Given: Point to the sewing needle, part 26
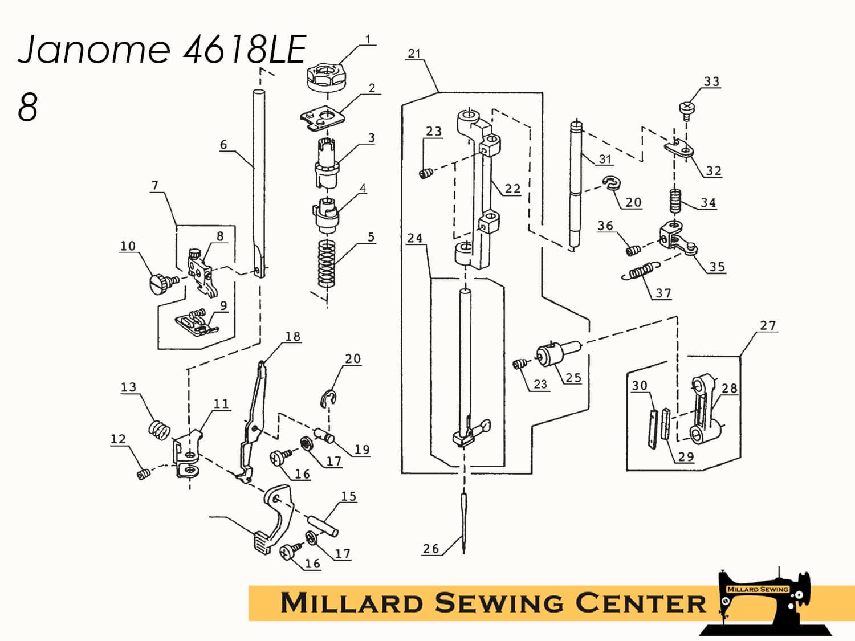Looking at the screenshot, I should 465,521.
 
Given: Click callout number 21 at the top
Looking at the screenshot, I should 414,54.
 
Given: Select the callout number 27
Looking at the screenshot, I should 768,325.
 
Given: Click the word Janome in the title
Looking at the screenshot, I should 95,49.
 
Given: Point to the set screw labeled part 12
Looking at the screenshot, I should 143,473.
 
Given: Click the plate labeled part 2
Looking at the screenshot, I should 323,119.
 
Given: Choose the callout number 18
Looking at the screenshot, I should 292,337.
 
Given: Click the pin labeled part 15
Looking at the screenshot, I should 323,525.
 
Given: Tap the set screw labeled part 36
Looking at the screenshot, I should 632,250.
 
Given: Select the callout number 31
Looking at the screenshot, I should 605,160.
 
